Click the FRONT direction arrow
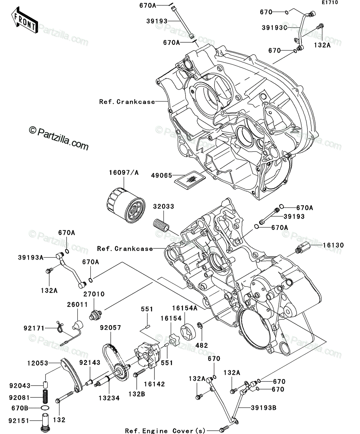click(x=24, y=20)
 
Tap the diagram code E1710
click(x=330, y=3)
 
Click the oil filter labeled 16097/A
click(x=126, y=205)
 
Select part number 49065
click(x=162, y=176)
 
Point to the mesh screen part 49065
click(x=190, y=180)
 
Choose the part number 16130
click(x=333, y=245)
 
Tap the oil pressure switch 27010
click(x=95, y=315)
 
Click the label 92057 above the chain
click(x=110, y=328)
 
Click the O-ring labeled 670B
click(x=45, y=408)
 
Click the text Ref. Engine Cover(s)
click(x=165, y=431)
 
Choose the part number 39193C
click(x=274, y=27)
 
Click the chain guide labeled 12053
click(x=71, y=376)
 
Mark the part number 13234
click(x=109, y=398)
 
